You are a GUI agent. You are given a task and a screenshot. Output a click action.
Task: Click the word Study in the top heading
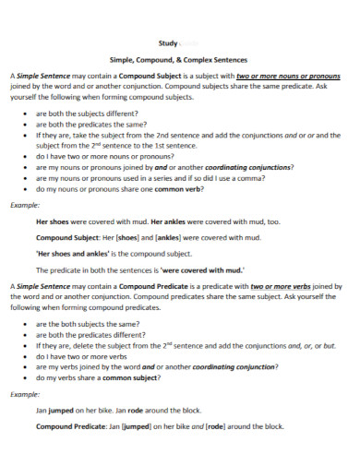point(168,42)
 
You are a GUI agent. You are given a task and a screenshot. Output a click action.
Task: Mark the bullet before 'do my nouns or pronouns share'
point(24,188)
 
